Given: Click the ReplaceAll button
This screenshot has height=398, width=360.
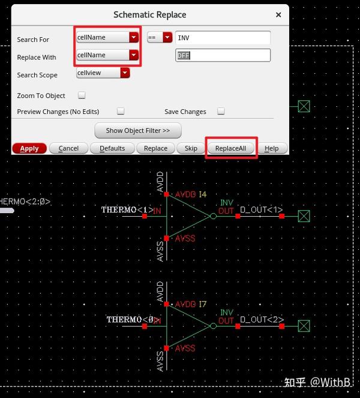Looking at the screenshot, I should (232, 148).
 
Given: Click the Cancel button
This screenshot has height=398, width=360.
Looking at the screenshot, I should (68, 148).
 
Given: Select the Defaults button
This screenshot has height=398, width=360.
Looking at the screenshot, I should (112, 148).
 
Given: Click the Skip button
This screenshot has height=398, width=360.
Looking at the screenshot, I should (191, 148).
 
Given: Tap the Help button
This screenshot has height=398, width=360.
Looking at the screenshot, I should (271, 148).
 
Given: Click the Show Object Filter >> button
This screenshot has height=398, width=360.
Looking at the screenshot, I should (138, 130).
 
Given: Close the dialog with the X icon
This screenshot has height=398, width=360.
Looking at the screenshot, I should (278, 14).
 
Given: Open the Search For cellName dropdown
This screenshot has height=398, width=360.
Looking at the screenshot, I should (107, 37).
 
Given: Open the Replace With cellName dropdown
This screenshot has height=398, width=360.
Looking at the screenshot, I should (107, 55).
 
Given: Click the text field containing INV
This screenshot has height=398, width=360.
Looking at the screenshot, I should (223, 38).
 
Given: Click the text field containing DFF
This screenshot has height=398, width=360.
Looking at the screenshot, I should (223, 55).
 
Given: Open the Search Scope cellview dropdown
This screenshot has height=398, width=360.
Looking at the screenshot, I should (103, 73).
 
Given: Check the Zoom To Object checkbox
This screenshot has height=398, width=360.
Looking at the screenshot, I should (82, 95).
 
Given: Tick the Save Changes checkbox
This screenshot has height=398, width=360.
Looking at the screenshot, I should (221, 111).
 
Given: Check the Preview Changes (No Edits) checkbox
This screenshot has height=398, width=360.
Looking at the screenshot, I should (121, 111).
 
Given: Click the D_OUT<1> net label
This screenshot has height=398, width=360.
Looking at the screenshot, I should (261, 210).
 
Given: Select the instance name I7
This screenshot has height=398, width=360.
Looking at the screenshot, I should (202, 305).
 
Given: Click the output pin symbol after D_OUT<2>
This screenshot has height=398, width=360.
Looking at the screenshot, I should (304, 325).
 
